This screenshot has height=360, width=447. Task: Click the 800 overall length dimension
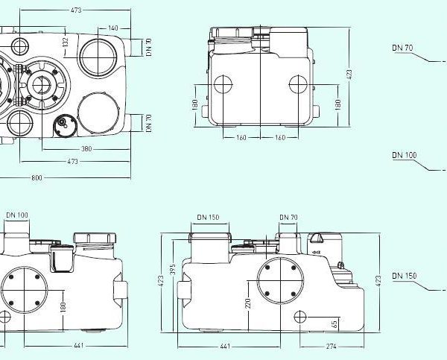[x=37, y=178]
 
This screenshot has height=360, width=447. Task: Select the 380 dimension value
[x=86, y=149]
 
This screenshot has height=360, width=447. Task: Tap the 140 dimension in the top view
[x=113, y=28]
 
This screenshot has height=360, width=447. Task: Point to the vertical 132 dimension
[x=66, y=42]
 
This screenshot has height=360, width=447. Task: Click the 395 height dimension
[x=173, y=269]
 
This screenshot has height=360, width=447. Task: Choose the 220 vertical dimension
[x=248, y=303]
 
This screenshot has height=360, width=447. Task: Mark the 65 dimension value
[x=335, y=323]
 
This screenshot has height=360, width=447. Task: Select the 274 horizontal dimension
[x=332, y=347]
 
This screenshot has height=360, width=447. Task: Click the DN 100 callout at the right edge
[x=405, y=155]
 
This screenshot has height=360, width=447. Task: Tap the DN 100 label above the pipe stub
[x=17, y=215]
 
